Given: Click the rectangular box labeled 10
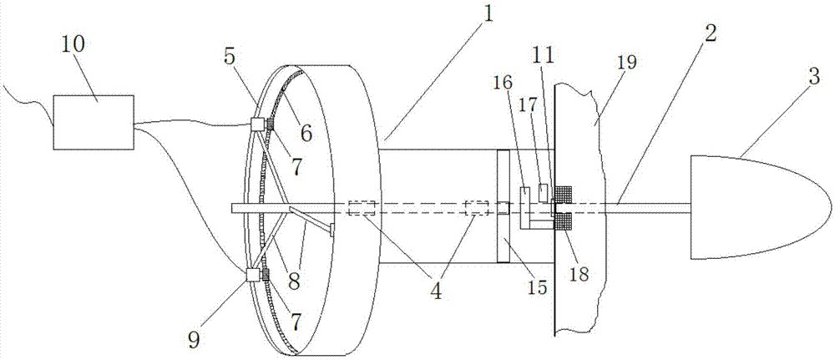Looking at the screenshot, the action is pyautogui.click(x=94, y=122).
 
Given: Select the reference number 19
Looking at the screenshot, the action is pyautogui.click(x=627, y=63).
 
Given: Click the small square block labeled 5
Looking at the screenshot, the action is pyautogui.click(x=258, y=124).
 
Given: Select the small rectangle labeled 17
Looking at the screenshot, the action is pyautogui.click(x=544, y=192).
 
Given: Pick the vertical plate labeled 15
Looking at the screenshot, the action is pyautogui.click(x=504, y=206).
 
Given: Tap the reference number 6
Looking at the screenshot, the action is pyautogui.click(x=306, y=133).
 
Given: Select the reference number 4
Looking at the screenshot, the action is pyautogui.click(x=436, y=292).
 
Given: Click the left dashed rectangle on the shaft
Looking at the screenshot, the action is pyautogui.click(x=362, y=208).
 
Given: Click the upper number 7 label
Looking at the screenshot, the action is pyautogui.click(x=296, y=167).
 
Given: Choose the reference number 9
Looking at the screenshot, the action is pyautogui.click(x=194, y=340).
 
